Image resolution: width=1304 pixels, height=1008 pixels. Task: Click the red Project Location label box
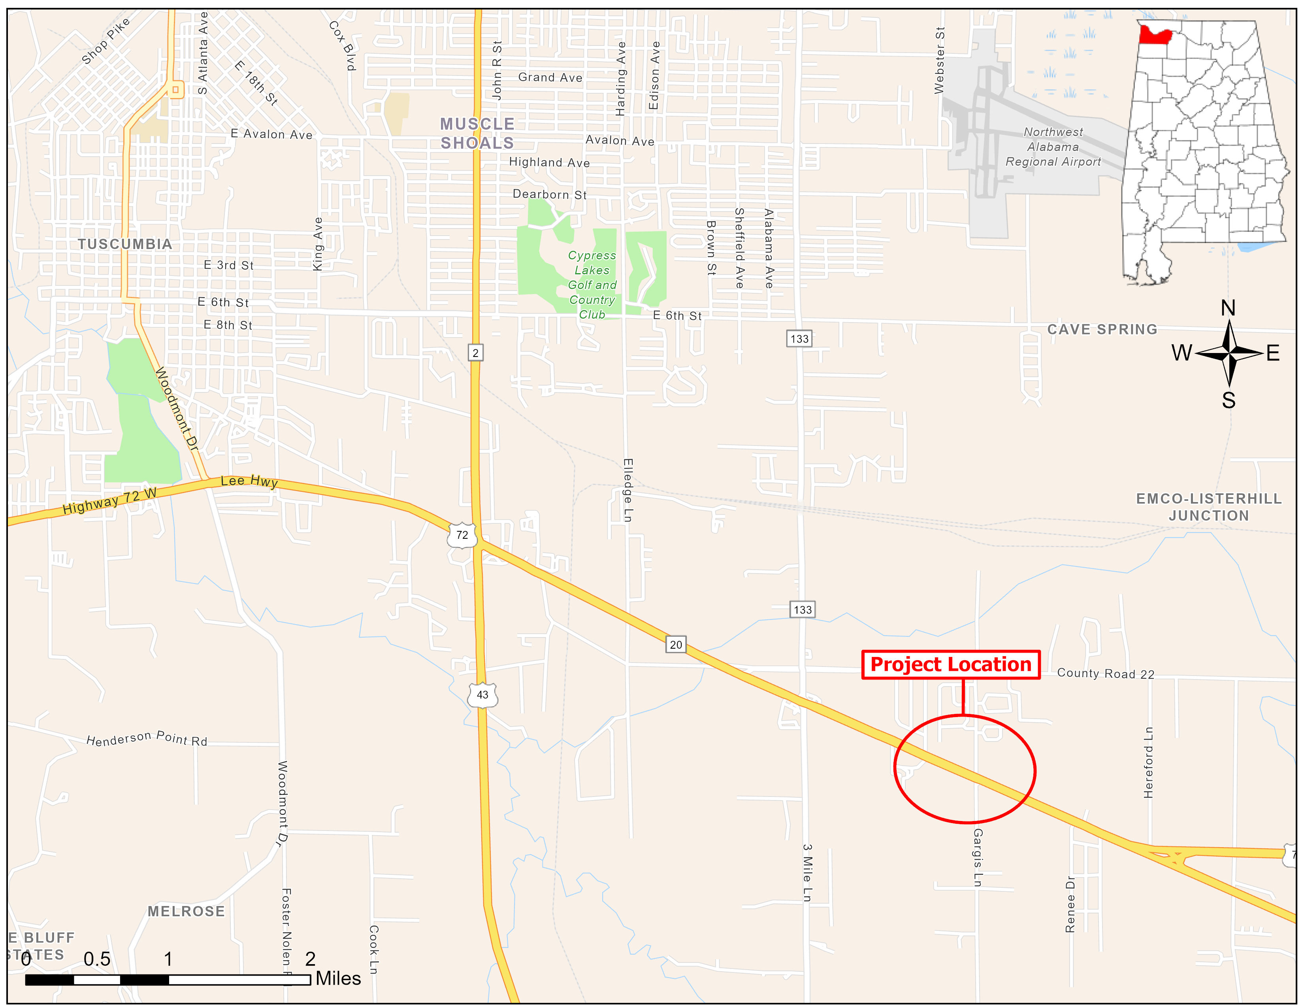tap(950, 664)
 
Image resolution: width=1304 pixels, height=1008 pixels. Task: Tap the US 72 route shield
tap(462, 535)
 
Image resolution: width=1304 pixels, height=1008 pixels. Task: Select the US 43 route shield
tap(482, 695)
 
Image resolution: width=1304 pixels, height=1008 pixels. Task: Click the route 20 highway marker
tap(675, 644)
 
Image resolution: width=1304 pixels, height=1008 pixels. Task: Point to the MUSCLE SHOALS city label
tap(477, 133)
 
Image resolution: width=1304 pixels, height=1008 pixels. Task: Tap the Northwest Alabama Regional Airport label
tap(1053, 147)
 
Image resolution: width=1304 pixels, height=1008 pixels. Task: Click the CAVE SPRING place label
tap(1102, 330)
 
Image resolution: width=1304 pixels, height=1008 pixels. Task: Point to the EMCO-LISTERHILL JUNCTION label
tap(1208, 507)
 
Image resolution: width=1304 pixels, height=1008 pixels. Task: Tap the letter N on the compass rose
tap(1228, 308)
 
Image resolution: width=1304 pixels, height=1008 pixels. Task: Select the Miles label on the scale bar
tap(338, 978)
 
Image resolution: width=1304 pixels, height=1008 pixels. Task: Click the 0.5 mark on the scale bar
tap(97, 959)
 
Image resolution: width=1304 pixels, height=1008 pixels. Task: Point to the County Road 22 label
tap(1105, 674)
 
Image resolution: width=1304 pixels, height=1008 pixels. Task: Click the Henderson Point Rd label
tap(147, 739)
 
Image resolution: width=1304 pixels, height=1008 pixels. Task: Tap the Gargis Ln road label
tap(977, 857)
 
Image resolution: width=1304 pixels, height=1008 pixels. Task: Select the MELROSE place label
tap(186, 911)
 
